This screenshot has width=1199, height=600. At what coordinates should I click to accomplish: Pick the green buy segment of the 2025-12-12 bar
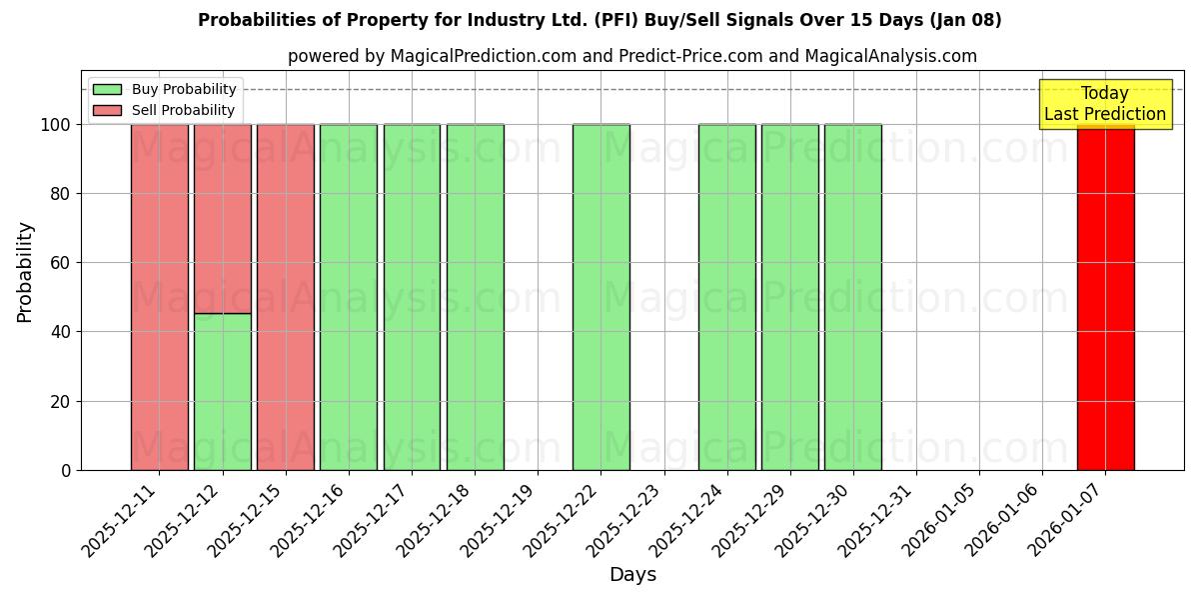pos(222,391)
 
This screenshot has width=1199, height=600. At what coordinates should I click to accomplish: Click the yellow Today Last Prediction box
pos(1104,104)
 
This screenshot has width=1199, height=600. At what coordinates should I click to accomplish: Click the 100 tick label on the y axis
pos(55,125)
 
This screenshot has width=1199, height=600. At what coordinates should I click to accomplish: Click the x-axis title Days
pos(632,575)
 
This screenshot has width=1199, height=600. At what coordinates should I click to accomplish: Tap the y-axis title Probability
pos(25,271)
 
